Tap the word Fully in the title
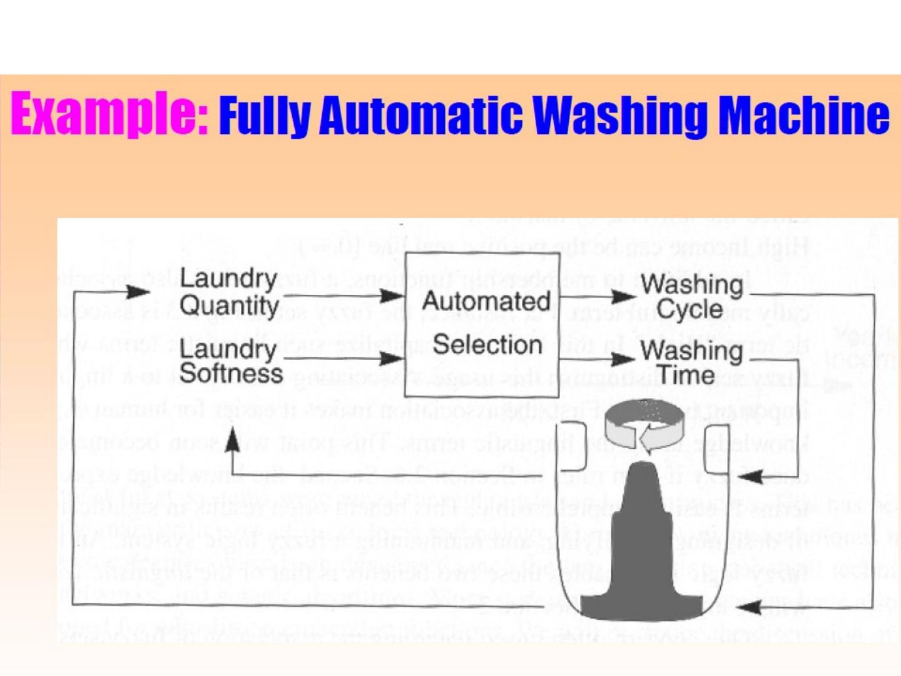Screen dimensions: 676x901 point(265,116)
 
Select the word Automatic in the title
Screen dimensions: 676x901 point(420,115)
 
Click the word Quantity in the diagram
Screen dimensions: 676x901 point(229,306)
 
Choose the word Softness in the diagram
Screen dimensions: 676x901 point(231,374)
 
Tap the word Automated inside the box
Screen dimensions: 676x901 point(486,301)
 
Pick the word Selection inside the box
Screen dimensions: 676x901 point(487,345)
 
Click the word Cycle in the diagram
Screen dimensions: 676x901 point(690,309)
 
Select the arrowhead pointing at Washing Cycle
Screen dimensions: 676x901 point(623,296)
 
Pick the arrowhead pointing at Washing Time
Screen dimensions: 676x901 point(623,359)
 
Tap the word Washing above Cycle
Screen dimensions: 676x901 point(692,285)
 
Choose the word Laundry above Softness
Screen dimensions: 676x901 point(228,349)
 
